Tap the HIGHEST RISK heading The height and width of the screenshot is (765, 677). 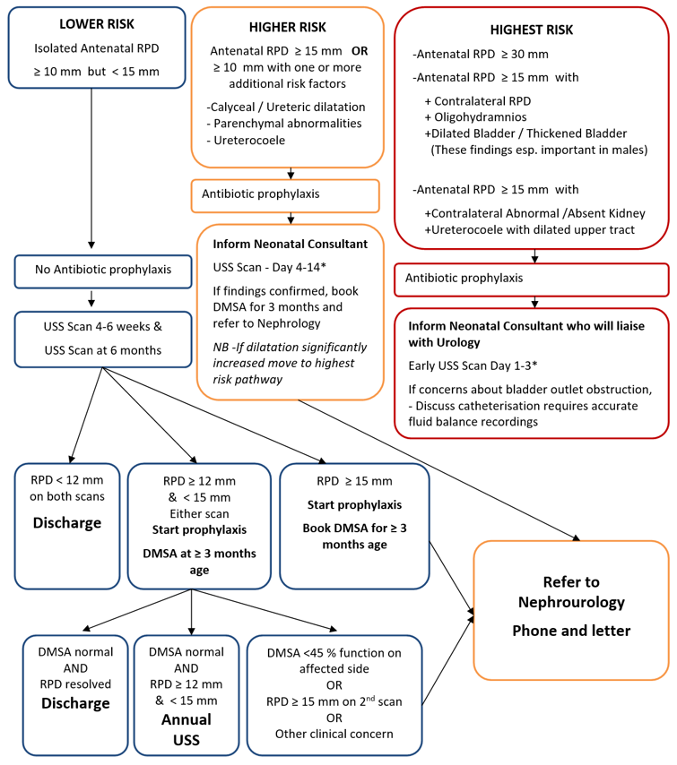[x=533, y=30]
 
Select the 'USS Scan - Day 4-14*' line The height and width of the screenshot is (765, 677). [x=265, y=266]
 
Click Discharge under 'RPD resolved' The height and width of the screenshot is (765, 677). [x=74, y=703]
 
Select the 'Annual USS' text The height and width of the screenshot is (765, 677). [x=187, y=728]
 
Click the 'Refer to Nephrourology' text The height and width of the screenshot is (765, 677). [x=571, y=590]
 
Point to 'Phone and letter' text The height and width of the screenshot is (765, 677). [x=571, y=631]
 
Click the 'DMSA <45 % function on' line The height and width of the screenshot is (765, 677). [x=334, y=652]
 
